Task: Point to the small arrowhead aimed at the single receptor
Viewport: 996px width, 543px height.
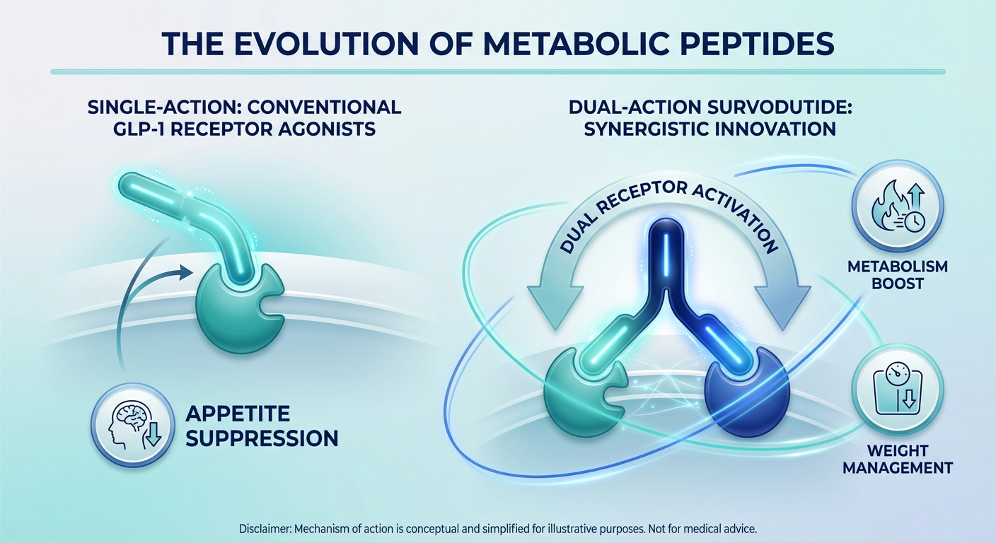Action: (x=185, y=271)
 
